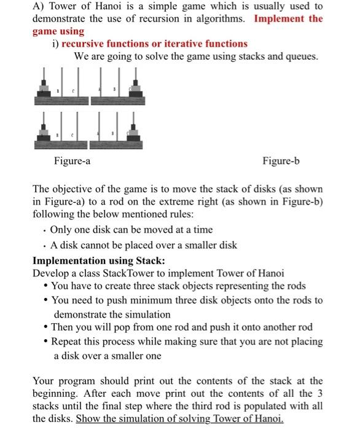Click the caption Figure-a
click(x=72, y=162)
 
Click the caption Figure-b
click(x=281, y=162)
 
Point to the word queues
click(x=302, y=57)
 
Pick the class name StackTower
click(x=132, y=273)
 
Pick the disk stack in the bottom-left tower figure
click(x=44, y=133)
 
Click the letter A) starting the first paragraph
click(x=39, y=6)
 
